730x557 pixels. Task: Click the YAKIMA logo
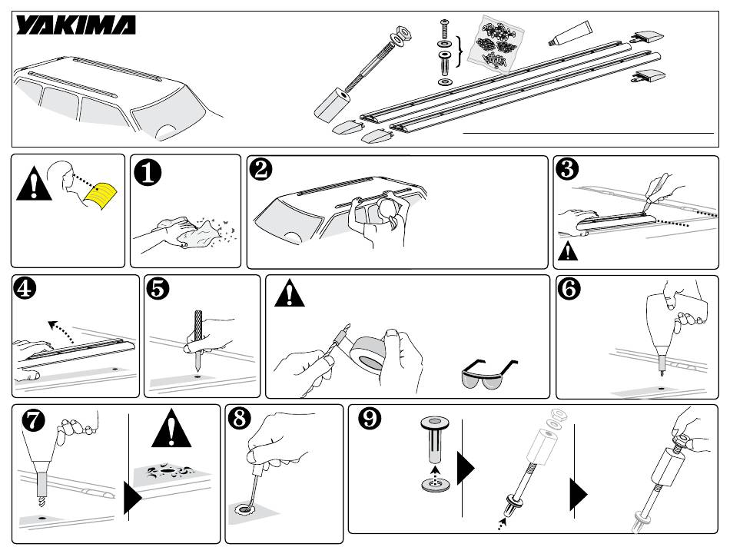76,27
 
